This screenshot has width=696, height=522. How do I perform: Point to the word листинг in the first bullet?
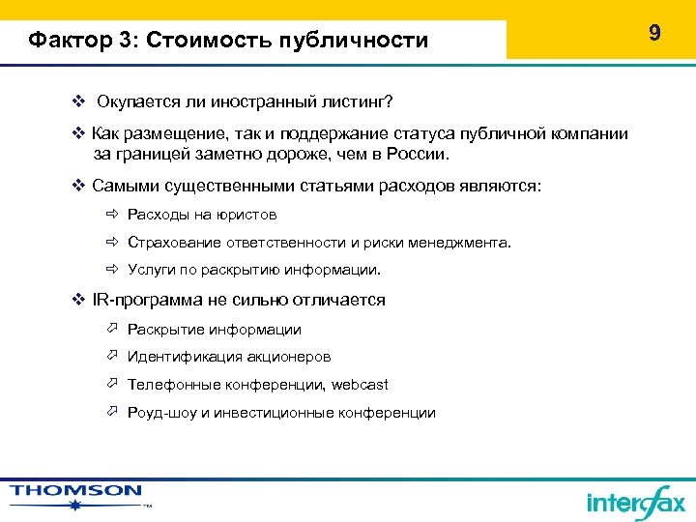click(x=359, y=101)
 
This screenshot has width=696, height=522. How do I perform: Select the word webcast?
click(x=360, y=385)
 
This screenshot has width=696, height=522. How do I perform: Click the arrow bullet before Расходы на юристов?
click(x=111, y=215)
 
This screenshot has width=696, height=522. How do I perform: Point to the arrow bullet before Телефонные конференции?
click(x=111, y=385)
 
